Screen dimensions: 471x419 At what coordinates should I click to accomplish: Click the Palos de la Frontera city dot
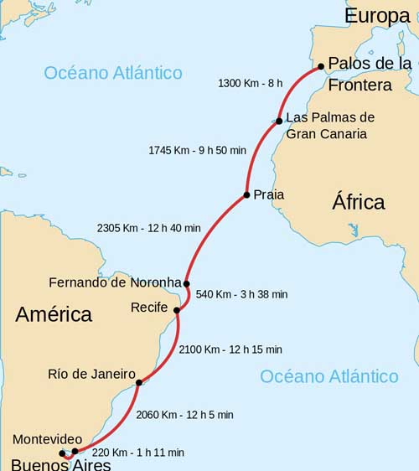tap(321, 65)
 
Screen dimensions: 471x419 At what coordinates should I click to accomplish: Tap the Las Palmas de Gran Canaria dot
tap(279, 122)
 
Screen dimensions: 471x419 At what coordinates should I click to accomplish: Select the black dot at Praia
tap(246, 195)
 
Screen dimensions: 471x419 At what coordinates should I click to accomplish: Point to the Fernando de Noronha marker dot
tap(186, 283)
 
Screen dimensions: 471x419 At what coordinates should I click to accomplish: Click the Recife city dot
tap(176, 311)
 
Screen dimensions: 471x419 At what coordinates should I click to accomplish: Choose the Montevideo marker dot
tap(75, 451)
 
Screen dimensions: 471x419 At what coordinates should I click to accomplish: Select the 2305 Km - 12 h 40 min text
tap(149, 227)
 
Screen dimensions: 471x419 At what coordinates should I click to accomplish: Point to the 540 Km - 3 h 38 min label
tap(241, 294)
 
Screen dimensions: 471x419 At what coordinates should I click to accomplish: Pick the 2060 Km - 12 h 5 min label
tap(185, 414)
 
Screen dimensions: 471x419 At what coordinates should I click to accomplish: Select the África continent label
tap(359, 202)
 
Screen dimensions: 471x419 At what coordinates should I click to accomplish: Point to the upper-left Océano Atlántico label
tap(113, 73)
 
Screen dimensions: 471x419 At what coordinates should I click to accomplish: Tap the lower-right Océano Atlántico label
tap(329, 376)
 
